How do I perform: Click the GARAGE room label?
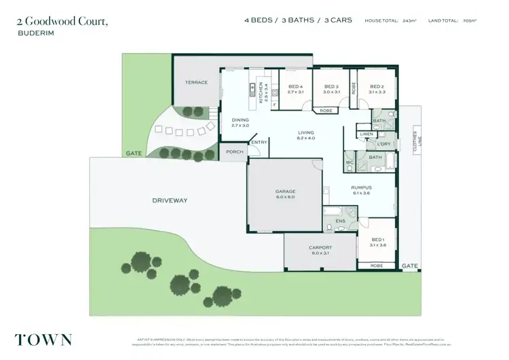(x=285, y=192)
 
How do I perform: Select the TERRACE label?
(x=196, y=82)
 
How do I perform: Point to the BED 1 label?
(x=378, y=240)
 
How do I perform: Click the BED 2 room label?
(x=378, y=87)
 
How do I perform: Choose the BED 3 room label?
(x=331, y=87)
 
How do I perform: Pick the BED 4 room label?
(x=295, y=87)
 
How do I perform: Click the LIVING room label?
(x=306, y=132)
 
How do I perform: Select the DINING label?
(x=241, y=120)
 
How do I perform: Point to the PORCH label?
(x=235, y=151)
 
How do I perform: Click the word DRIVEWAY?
(x=169, y=200)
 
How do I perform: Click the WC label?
(x=350, y=162)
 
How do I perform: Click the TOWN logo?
(x=43, y=339)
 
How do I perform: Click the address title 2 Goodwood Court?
(x=62, y=21)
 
